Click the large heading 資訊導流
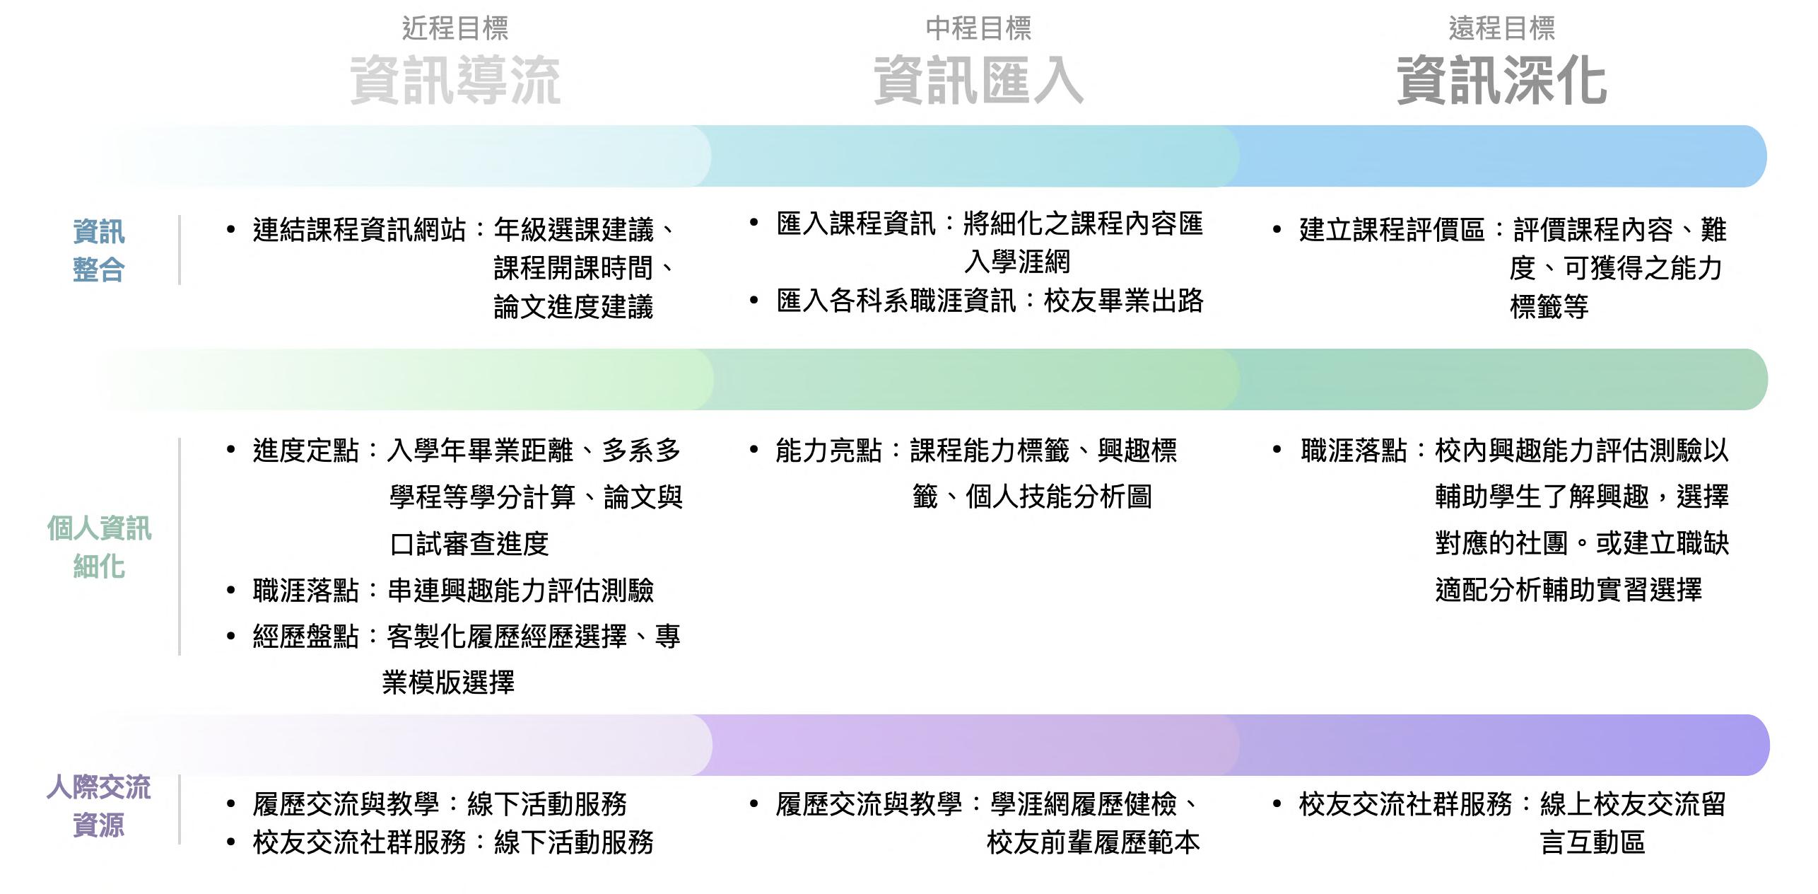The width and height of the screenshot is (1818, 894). click(x=455, y=81)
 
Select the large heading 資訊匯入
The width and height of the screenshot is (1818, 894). click(x=978, y=81)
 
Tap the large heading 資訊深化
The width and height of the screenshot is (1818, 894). click(x=1501, y=81)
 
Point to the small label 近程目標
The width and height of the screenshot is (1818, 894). click(x=455, y=28)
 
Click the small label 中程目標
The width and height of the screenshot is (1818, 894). click(x=978, y=28)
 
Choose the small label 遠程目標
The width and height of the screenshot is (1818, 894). click(x=1501, y=28)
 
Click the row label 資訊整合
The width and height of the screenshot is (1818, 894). click(x=99, y=250)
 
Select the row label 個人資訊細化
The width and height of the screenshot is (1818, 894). click(x=99, y=547)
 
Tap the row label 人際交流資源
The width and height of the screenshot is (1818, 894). click(x=99, y=806)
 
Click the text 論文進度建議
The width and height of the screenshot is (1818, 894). click(x=573, y=307)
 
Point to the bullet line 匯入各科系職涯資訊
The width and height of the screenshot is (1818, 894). click(x=990, y=301)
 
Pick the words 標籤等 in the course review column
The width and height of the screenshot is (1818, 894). click(x=1549, y=307)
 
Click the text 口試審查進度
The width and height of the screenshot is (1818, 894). click(x=469, y=543)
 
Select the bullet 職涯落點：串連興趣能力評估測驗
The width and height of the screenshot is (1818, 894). click(x=452, y=590)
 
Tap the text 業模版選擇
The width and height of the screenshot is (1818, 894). click(x=448, y=682)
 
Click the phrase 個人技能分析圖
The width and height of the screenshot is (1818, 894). click(x=1058, y=497)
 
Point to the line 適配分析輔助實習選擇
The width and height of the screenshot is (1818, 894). click(x=1568, y=589)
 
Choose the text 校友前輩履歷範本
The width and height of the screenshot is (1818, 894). click(x=1093, y=842)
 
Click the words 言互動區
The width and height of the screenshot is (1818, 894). click(x=1593, y=842)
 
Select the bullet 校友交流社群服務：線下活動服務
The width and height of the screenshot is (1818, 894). click(x=452, y=842)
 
